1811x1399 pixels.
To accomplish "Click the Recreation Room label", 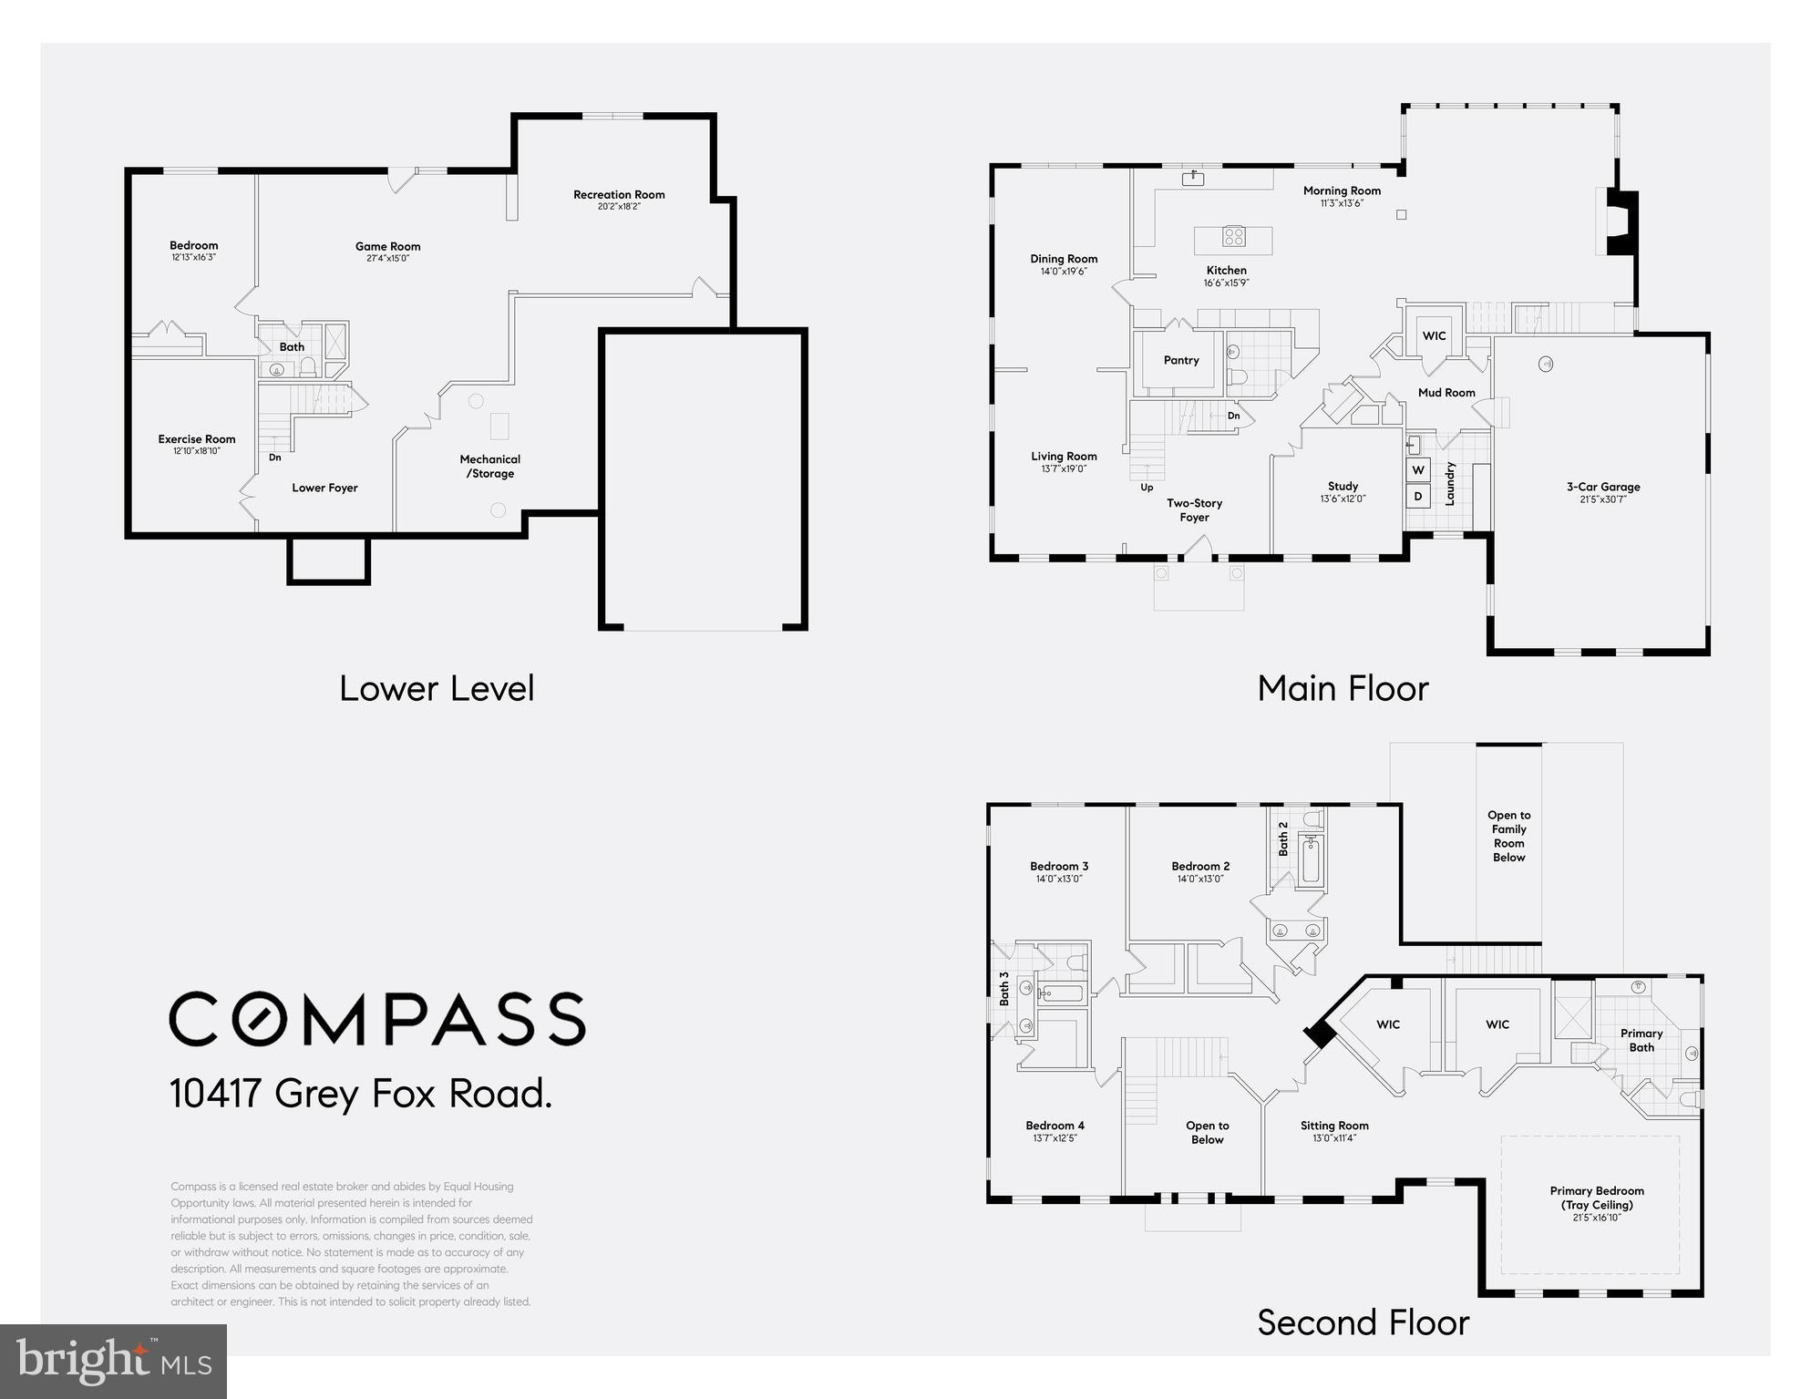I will pos(619,194).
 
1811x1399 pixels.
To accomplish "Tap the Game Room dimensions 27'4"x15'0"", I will pos(387,259).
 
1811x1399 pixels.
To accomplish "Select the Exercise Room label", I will pos(197,439).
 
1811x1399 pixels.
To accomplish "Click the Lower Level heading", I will pos(437,689).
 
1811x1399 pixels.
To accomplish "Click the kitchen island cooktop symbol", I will pos(1234,237).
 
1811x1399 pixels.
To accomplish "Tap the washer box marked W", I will pos(1418,470).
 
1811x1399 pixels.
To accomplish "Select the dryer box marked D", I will pos(1418,497).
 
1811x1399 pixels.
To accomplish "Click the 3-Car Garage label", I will pos(1603,487).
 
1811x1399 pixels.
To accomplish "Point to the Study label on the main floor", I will pos(1343,486).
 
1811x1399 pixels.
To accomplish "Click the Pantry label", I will pos(1181,360).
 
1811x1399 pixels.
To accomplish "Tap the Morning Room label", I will pos(1342,190).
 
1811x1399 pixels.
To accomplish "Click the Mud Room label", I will pos(1446,393).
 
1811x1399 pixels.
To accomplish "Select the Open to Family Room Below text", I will pos(1508,836).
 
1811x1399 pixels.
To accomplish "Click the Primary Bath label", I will pos(1641,1040).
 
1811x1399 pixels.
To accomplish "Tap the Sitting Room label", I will pos(1334,1126).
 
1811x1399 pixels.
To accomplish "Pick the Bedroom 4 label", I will pos(1055,1126).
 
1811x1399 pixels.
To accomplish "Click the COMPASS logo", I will pos(377,1019).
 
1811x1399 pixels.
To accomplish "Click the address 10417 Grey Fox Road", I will pos(361,1094).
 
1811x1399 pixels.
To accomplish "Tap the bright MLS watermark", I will pos(113,1362).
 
